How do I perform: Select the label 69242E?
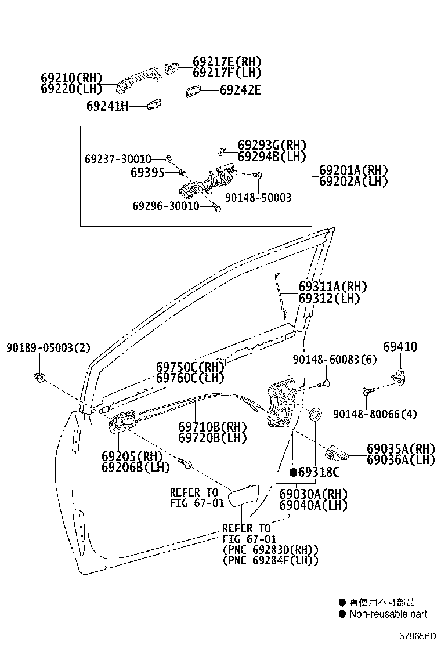(240, 90)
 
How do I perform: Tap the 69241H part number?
(107, 106)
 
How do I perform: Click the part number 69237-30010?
(118, 158)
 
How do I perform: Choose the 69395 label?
(147, 172)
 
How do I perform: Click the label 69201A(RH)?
(353, 171)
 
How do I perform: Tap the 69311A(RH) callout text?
(332, 287)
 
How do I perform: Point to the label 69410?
(400, 347)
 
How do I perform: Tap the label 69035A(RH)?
(400, 448)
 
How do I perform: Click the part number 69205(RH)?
(132, 456)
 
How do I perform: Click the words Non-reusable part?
(388, 614)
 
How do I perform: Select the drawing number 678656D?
(416, 635)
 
